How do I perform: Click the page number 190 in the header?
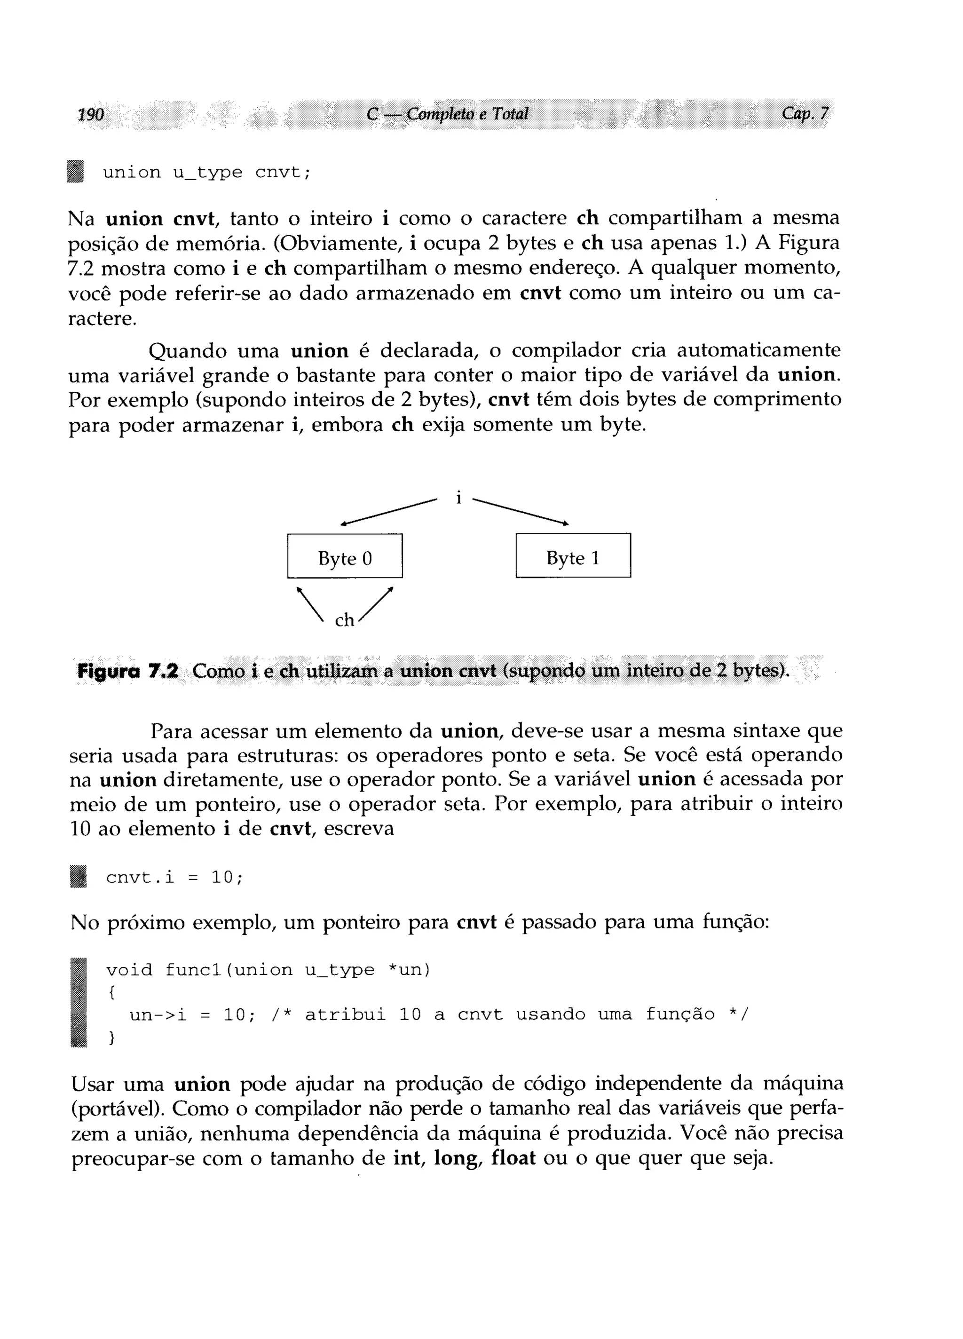91,114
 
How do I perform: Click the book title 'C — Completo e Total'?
447,113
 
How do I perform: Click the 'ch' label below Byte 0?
344,620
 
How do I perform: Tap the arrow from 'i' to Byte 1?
521,511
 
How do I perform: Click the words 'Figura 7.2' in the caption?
127,671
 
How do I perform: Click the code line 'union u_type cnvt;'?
206,173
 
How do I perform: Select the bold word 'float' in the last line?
513,1158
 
